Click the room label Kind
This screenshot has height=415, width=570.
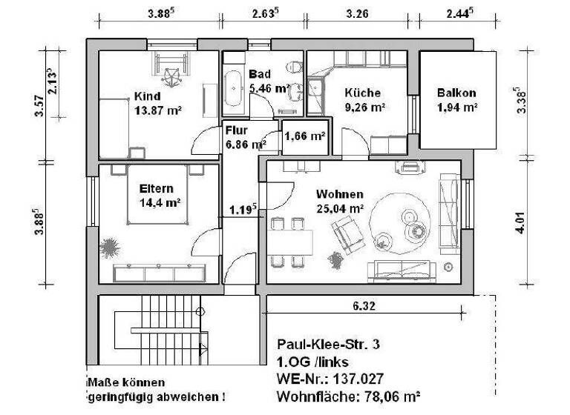pos(146,96)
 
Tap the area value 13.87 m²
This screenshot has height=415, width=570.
pos(158,110)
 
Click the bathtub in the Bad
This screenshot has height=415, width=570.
pos(233,89)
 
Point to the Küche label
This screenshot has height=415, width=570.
pos(362,93)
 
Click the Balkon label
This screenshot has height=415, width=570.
pos(456,93)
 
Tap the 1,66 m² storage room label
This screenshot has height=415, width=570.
pos(305,136)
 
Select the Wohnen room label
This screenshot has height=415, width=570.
pos(339,194)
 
